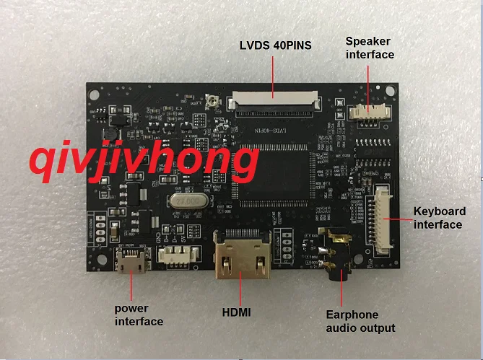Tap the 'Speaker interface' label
(370, 48)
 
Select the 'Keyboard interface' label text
(438, 218)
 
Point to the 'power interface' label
(139, 315)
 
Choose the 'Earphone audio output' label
(360, 321)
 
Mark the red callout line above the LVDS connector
(272, 76)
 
